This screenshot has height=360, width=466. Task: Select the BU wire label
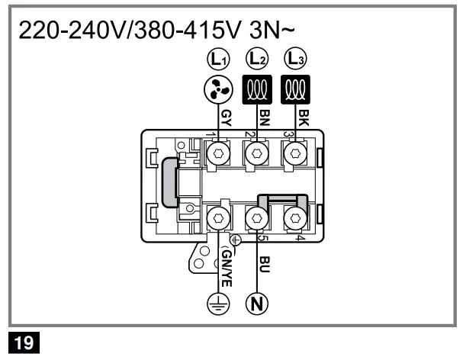pyautogui.click(x=265, y=264)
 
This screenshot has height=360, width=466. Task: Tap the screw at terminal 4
pyautogui.click(x=294, y=220)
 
